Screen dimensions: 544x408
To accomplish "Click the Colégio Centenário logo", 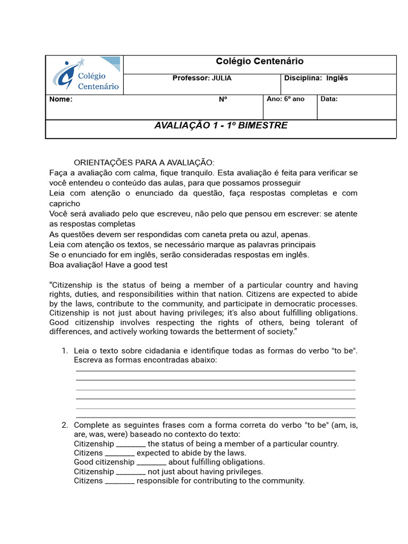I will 85,75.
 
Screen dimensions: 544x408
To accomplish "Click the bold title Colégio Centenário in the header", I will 259,62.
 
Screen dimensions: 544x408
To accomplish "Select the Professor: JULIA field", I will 202,78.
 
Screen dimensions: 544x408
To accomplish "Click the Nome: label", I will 61,99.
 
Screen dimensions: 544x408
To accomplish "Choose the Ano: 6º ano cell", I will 285,99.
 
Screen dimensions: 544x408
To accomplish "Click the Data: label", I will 329,99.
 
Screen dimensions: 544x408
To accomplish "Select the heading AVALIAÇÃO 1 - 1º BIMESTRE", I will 220,126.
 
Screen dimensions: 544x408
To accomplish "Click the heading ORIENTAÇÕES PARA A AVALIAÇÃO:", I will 144,163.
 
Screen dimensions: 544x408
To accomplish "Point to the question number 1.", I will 64,351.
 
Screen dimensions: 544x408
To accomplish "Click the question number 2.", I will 64,425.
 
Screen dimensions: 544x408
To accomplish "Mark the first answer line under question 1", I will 216,370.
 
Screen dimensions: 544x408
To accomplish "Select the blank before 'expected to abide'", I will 120,454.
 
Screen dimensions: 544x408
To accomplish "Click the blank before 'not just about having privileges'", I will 131,472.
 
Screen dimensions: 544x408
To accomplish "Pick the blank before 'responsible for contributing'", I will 120,481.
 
